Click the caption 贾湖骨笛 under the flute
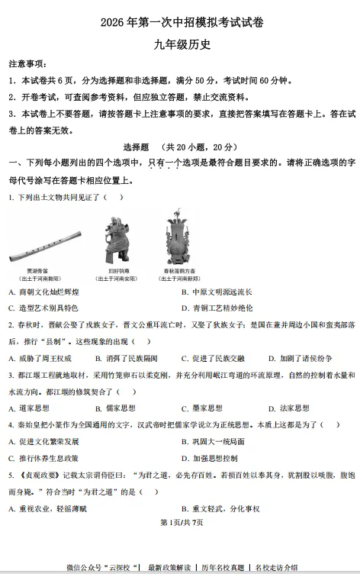37,271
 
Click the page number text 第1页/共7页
180,522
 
